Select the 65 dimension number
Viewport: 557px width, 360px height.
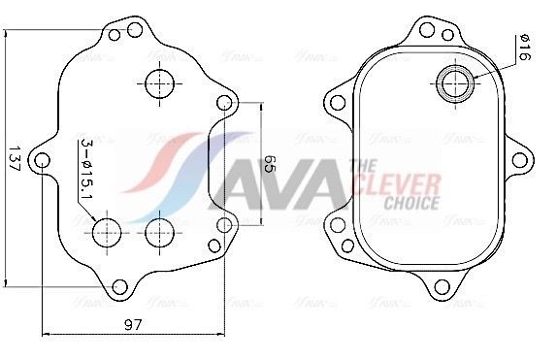tap(271, 164)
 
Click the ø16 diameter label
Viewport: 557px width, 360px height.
tap(524, 48)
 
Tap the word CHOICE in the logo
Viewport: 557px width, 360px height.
tap(412, 204)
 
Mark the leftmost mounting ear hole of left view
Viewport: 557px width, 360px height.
tap(44, 158)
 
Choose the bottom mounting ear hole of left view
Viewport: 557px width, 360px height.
tap(119, 286)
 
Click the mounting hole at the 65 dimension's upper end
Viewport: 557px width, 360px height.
tap(225, 102)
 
